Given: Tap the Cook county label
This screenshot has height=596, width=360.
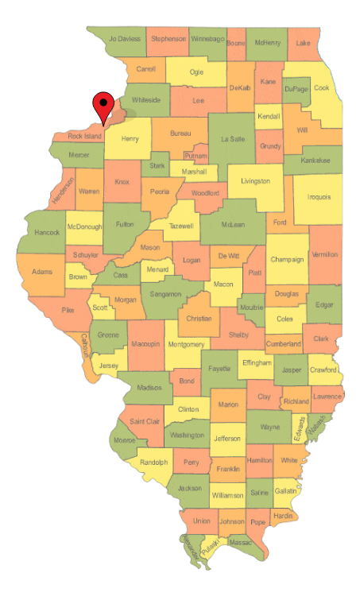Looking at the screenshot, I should point(321,88).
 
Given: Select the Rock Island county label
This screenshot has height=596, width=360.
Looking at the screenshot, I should point(84,137).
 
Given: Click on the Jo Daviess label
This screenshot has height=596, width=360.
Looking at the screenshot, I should point(125,38).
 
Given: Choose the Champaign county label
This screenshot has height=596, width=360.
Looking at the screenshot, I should point(286,259).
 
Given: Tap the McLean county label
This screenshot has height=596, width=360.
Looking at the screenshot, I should point(233,225).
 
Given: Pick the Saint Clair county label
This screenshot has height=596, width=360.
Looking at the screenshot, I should point(144,420).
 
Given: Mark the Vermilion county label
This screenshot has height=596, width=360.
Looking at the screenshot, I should point(325,254).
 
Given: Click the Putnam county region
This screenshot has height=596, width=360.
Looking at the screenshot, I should point(195,156).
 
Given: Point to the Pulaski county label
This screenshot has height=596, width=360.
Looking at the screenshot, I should point(209,548).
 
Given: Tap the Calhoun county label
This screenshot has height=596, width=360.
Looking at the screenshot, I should point(84,343).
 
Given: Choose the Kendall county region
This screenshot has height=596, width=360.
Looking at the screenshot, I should point(269,118).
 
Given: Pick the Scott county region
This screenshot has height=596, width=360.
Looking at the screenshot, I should point(100,307).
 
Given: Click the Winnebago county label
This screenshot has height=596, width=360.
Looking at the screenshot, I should point(207,38).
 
